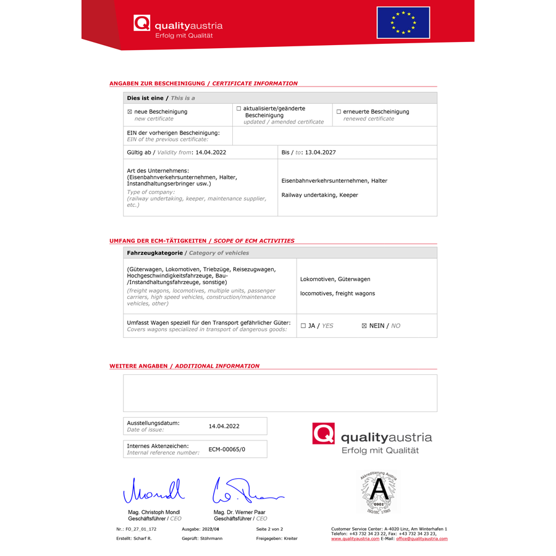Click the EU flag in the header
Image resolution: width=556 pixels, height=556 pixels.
click(403, 22)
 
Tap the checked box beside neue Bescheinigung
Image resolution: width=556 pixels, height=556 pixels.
click(130, 112)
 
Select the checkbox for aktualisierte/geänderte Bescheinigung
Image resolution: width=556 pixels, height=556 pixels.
click(239, 109)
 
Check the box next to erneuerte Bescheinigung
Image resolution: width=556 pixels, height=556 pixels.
click(339, 112)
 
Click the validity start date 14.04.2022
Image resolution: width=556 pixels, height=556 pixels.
click(211, 152)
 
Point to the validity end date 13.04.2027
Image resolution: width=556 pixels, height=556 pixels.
click(321, 152)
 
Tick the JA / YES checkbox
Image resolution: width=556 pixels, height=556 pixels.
click(303, 326)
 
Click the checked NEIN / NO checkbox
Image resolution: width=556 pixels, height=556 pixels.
click(364, 326)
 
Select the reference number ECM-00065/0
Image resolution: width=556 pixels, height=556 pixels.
click(227, 449)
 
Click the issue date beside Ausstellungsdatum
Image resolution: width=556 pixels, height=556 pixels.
click(224, 426)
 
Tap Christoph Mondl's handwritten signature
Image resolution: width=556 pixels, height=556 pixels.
click(154, 491)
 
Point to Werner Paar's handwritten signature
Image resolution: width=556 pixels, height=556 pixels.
click(243, 491)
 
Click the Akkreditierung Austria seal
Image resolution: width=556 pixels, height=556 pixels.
click(378, 492)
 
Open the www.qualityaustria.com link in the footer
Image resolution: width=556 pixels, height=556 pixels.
click(355, 539)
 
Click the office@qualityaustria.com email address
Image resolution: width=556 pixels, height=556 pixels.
click(422, 539)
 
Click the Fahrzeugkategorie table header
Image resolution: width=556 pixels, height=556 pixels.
click(154, 253)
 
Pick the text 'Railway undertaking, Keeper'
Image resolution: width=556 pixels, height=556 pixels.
click(320, 195)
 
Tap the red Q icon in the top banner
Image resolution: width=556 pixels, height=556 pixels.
click(141, 23)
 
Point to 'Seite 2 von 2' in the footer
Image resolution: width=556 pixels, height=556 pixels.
click(269, 529)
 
